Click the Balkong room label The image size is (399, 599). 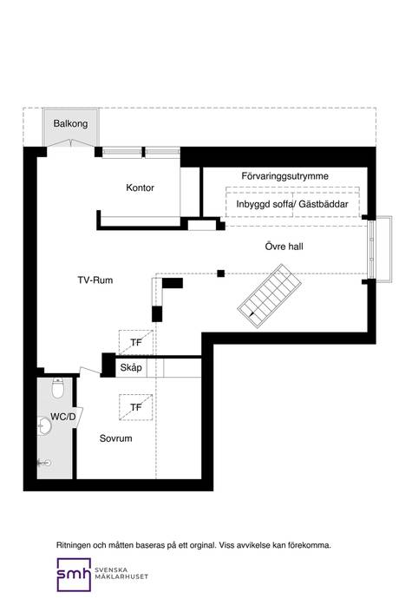[x=70, y=123]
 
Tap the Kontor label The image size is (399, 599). [x=141, y=188]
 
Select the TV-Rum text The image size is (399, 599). [x=95, y=280]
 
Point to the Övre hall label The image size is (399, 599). [x=285, y=247]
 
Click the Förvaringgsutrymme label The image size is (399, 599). [x=285, y=176]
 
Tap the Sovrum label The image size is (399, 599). [x=115, y=438]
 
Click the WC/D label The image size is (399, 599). [x=63, y=417]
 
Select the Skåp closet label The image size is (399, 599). [x=131, y=367]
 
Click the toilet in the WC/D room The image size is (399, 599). [x=57, y=388]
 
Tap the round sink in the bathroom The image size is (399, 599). [x=44, y=426]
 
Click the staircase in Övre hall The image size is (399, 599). [x=270, y=296]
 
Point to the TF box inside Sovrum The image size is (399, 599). [x=136, y=407]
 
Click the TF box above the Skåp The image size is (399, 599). [x=136, y=342]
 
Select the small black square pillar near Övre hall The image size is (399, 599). [x=220, y=273]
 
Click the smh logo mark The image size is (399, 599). [x=74, y=575]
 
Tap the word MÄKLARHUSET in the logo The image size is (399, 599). [x=121, y=576]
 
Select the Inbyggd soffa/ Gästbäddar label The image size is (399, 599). [x=292, y=204]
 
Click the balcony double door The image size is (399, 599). [x=70, y=143]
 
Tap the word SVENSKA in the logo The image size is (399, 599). [x=111, y=570]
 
